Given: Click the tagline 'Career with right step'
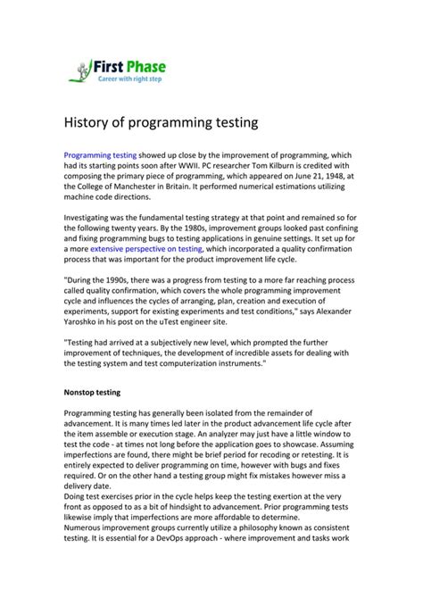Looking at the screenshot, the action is [x=131, y=79].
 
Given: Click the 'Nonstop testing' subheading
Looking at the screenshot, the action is [x=101, y=392].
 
